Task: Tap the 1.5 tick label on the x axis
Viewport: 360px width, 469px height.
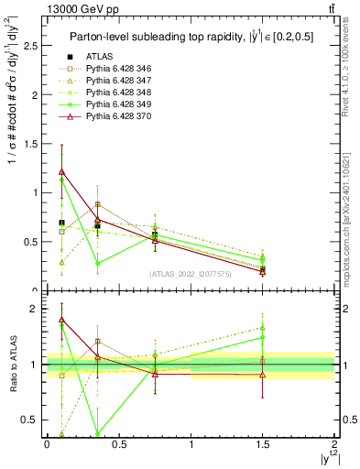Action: [263, 444]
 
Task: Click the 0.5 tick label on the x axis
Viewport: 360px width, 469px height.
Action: [118, 444]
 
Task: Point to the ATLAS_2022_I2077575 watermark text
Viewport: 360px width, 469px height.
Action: [191, 274]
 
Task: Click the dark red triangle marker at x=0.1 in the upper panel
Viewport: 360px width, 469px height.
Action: [61, 171]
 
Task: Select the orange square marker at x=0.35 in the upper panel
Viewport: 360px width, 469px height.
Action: [98, 204]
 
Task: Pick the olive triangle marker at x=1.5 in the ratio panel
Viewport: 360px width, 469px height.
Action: [263, 327]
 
